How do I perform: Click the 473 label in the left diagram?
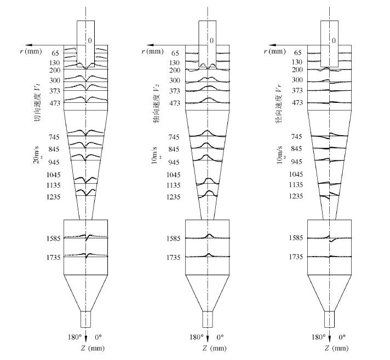[x=55, y=103]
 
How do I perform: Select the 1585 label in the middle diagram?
[x=173, y=238]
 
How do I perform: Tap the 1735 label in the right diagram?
[x=296, y=257]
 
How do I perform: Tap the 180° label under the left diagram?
[x=74, y=337]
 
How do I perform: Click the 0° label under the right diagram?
[x=342, y=337]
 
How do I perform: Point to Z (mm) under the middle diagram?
[x=214, y=348]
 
